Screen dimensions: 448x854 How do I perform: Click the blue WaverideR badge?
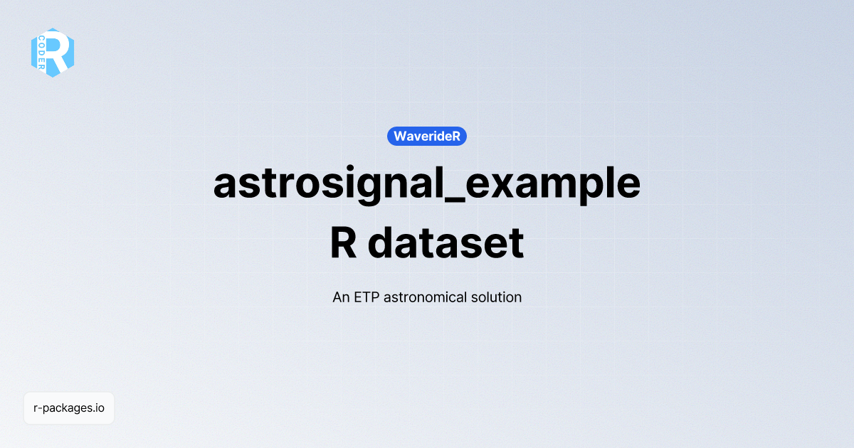[427, 136]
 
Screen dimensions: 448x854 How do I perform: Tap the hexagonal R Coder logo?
[52, 53]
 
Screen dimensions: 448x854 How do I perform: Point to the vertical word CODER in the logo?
[42, 53]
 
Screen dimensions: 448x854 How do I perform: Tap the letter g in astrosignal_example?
[364, 189]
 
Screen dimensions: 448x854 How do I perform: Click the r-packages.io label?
[69, 408]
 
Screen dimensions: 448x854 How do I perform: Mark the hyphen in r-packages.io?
[41, 409]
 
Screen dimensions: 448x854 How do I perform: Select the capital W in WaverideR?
[400, 136]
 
